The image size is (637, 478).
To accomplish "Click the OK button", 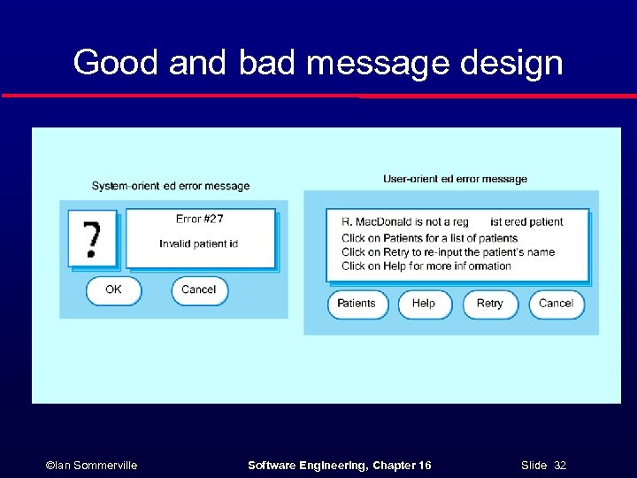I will click(x=113, y=290).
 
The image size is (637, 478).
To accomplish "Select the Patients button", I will click(x=357, y=304).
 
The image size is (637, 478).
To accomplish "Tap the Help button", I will click(x=424, y=304).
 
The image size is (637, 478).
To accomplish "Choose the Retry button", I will click(x=489, y=304).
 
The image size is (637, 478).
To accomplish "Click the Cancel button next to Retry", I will click(x=556, y=304).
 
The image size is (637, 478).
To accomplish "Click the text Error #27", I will click(x=200, y=220).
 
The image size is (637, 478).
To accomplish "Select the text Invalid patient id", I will click(x=199, y=243).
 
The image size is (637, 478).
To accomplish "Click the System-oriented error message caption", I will click(x=171, y=186).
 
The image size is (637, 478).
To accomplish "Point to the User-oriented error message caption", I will click(x=455, y=179).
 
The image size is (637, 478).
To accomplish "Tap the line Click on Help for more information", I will click(x=426, y=266).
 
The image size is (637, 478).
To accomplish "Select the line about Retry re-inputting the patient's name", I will click(x=448, y=252).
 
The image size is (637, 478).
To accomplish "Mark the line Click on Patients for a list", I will click(x=429, y=238).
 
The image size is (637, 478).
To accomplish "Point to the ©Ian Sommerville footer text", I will click(x=91, y=465).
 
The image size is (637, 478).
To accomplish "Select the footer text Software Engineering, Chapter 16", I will click(x=339, y=465).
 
